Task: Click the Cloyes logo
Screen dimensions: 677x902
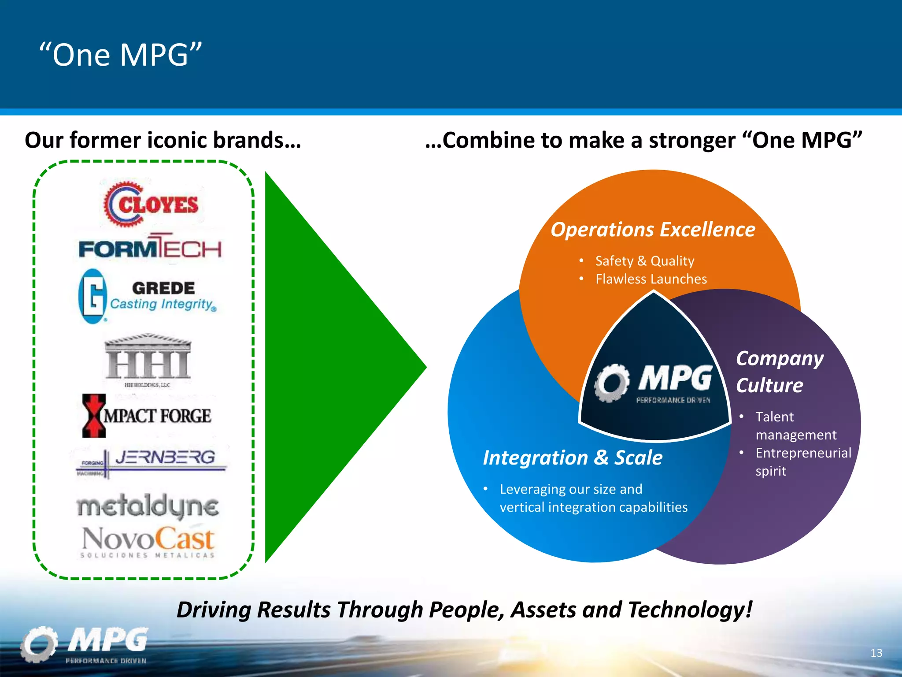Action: pos(151,204)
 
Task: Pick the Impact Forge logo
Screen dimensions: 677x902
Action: pos(147,415)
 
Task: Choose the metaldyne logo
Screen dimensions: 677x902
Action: pos(148,506)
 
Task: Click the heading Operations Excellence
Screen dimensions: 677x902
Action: pos(653,230)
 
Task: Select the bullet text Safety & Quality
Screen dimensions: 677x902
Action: pos(645,261)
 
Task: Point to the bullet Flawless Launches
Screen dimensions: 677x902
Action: pos(651,279)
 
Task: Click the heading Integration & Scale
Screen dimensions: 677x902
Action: pos(573,458)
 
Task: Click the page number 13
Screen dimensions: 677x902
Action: pos(876,653)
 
